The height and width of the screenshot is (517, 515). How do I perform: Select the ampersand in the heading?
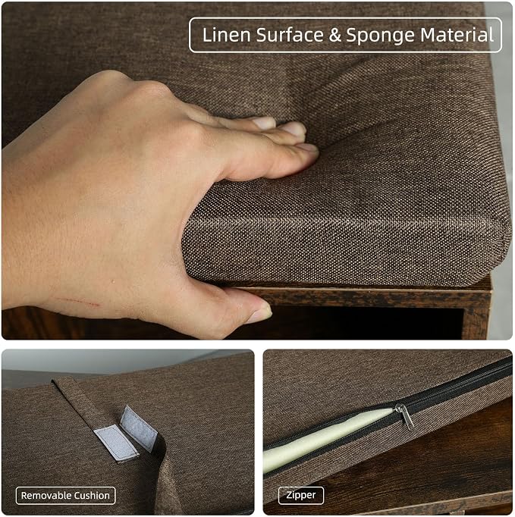point(335,36)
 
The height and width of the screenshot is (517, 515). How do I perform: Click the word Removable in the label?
point(46,496)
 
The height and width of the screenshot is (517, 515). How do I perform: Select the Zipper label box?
point(301,495)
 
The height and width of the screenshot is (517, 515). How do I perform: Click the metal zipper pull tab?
point(406,416)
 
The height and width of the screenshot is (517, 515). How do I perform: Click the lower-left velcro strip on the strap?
point(115,443)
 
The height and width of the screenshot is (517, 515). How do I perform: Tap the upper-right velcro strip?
point(139,428)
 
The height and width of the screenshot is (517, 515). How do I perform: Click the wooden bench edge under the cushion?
point(363,296)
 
